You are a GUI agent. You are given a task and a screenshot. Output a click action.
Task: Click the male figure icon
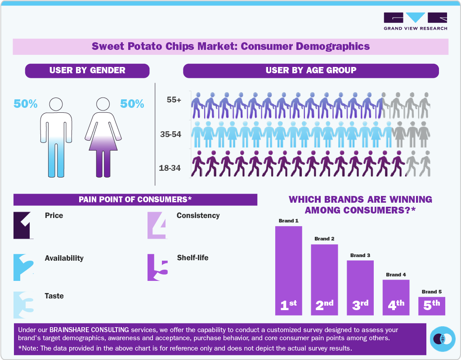click(x=56, y=137)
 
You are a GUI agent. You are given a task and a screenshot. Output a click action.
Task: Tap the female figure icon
click(x=103, y=137)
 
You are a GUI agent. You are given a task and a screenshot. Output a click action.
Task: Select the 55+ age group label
click(x=174, y=100)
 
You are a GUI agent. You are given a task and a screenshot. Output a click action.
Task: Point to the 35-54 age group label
click(x=170, y=134)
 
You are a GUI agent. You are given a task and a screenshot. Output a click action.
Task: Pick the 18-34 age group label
click(x=170, y=168)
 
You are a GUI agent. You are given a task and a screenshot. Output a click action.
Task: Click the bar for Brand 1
click(x=288, y=270)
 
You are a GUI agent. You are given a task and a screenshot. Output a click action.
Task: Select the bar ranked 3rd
click(x=360, y=288)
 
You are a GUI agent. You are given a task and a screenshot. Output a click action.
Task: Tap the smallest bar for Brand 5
click(x=432, y=306)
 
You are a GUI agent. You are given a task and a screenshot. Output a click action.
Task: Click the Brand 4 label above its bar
click(x=396, y=275)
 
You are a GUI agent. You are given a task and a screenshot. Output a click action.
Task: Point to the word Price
click(x=54, y=216)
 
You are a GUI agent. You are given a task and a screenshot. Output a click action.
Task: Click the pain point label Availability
click(x=64, y=258)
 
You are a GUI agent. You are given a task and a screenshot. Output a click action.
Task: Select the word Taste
click(x=54, y=296)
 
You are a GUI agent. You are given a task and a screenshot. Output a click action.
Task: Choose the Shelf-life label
click(x=192, y=258)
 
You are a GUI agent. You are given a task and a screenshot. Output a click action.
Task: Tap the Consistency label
click(x=198, y=216)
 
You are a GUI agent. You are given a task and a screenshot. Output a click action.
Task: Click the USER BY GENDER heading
click(x=87, y=71)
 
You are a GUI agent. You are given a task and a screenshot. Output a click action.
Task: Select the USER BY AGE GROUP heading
click(x=311, y=71)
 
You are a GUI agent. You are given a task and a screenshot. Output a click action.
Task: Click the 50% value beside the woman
click(x=132, y=104)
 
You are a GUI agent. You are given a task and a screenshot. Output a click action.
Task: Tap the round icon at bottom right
click(x=443, y=338)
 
